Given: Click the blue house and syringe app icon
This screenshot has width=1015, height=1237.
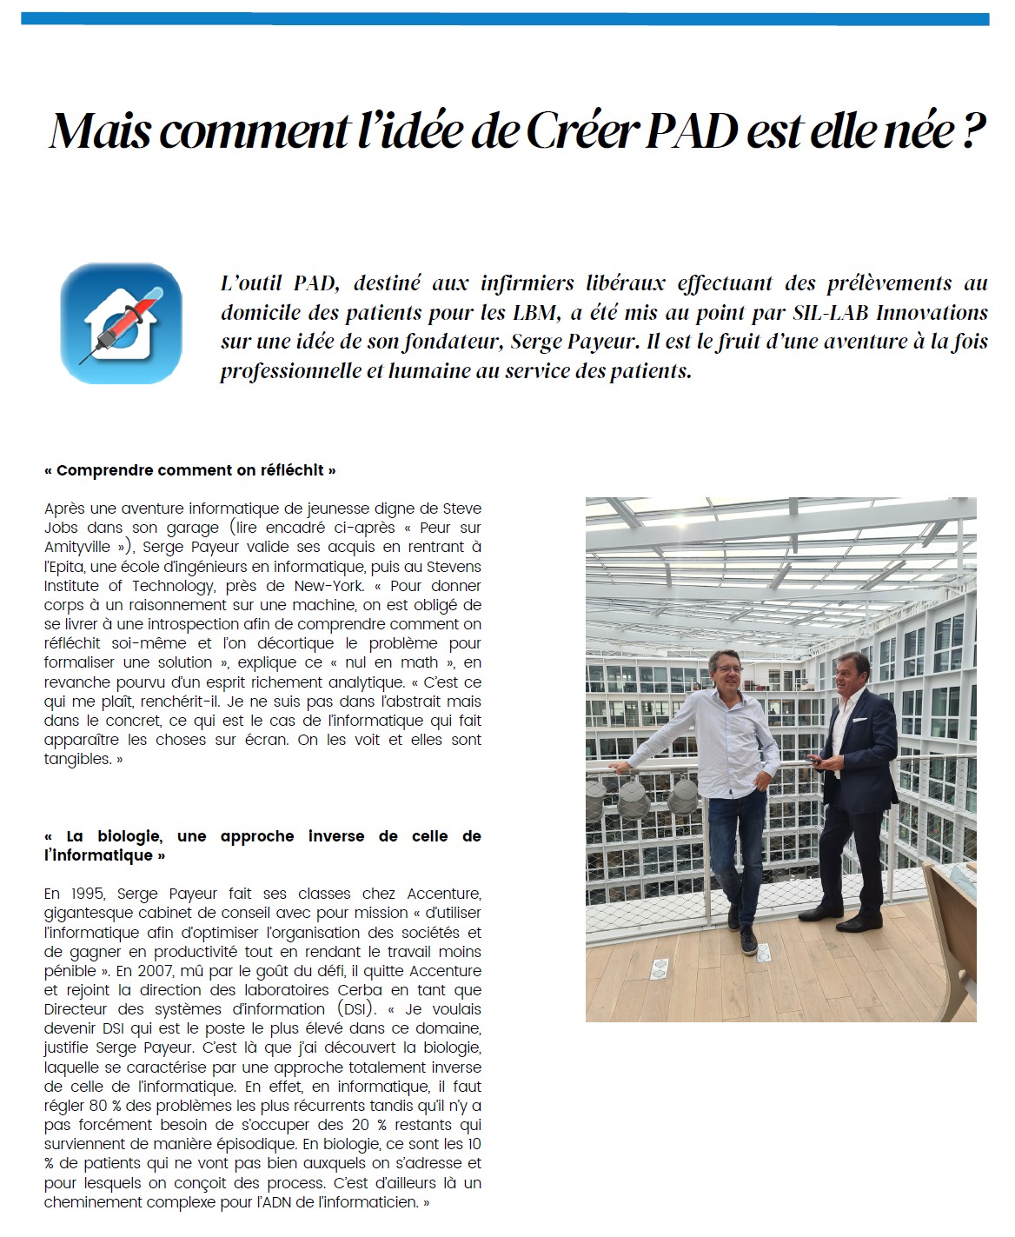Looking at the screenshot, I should [121, 323].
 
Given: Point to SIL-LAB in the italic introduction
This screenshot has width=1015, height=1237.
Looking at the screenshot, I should [830, 312].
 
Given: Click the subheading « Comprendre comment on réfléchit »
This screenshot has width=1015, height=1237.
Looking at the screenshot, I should [189, 470].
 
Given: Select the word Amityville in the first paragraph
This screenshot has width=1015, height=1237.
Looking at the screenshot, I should [77, 547].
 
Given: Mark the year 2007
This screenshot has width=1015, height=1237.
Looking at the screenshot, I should [152, 971].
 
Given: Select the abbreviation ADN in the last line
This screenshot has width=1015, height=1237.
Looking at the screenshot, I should [283, 1202].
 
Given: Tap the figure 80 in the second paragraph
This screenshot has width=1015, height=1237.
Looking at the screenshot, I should [98, 1106].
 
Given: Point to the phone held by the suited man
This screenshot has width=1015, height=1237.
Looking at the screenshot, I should [814, 760].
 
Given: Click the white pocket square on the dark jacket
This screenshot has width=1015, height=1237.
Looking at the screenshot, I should [859, 720].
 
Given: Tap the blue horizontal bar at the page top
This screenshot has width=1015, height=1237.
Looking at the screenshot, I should [505, 19].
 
